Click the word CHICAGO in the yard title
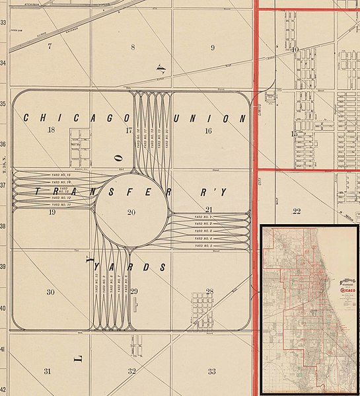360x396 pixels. pos(76,118)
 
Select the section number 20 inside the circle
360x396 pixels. pos(131,212)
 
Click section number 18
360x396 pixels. pos(52,130)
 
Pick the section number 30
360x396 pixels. pos(50,292)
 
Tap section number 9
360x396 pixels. pos(212,48)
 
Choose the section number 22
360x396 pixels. pos(297,212)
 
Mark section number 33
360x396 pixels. pos(211,372)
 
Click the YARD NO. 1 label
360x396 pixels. pos(203,217)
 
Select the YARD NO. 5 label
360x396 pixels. pos(203,245)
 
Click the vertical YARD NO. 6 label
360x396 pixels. pos(126,284)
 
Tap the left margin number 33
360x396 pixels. pos(3,22)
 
